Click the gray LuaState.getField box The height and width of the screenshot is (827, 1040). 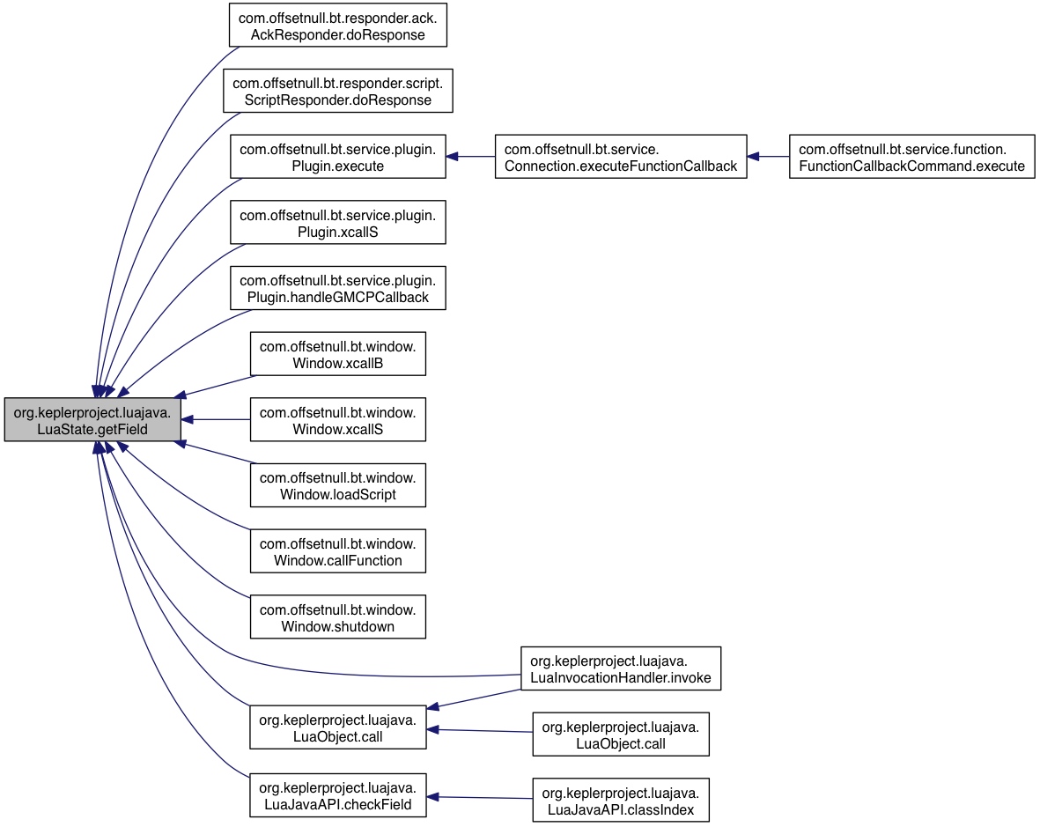[x=92, y=420]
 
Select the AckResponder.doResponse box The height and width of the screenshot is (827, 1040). [x=337, y=26]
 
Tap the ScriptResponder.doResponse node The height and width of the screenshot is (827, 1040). [x=337, y=91]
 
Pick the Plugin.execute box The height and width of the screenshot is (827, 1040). [x=337, y=157]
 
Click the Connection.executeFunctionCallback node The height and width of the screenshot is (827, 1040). [x=621, y=157]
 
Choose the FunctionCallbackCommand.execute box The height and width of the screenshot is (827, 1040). [x=912, y=157]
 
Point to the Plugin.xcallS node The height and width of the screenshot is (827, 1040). [x=337, y=222]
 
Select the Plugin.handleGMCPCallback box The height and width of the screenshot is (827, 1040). [x=337, y=288]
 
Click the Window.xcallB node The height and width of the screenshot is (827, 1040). [x=337, y=354]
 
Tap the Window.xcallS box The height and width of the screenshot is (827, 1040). [x=337, y=420]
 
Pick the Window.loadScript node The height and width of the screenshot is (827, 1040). [x=337, y=485]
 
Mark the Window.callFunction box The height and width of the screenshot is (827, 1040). [x=337, y=551]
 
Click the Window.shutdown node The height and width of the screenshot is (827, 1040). [x=337, y=617]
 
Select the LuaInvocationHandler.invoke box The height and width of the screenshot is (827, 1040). [x=621, y=668]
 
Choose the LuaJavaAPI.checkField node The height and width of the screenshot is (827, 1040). [x=337, y=795]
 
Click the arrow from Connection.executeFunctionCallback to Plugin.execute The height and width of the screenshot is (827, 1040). [x=470, y=157]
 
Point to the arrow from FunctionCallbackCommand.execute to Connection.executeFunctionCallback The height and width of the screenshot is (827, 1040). [x=768, y=157]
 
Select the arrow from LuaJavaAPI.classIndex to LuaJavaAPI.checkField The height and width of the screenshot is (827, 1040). [x=480, y=797]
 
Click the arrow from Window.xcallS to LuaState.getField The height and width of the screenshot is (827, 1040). [x=216, y=420]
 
